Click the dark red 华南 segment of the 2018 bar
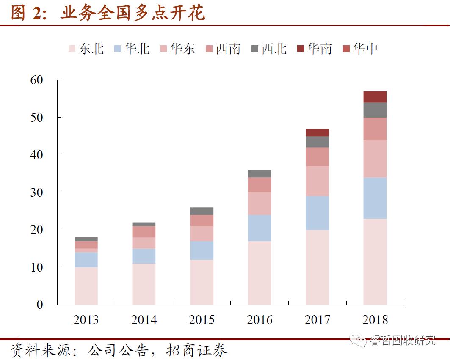tap(375, 97)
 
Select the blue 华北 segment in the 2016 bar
tap(259, 228)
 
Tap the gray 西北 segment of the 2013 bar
tap(86, 239)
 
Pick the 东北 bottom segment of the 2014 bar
tap(144, 284)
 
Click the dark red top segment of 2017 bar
tap(317, 132)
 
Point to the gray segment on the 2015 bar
tap(202, 211)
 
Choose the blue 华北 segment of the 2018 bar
tap(375, 198)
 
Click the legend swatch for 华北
tap(118, 49)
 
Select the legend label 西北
tap(274, 49)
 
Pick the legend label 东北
tap(91, 49)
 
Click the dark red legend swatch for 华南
tap(301, 49)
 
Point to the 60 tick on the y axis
tap(36, 80)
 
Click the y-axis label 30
tap(36, 192)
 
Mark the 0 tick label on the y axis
tap(40, 305)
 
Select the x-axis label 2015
tap(202, 320)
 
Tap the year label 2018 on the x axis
tap(375, 320)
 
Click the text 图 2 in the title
tap(26, 14)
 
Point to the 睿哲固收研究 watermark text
tap(402, 341)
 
